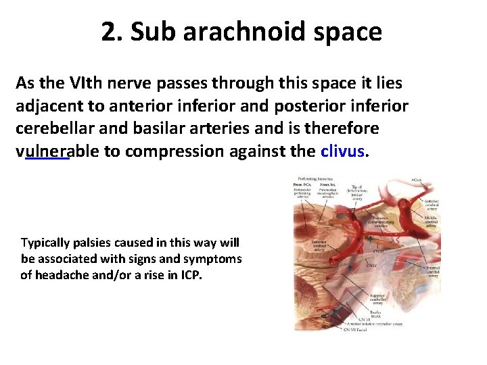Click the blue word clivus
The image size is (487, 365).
coord(342,151)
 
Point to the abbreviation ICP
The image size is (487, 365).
coord(189,275)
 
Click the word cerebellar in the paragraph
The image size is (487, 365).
coord(49,128)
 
